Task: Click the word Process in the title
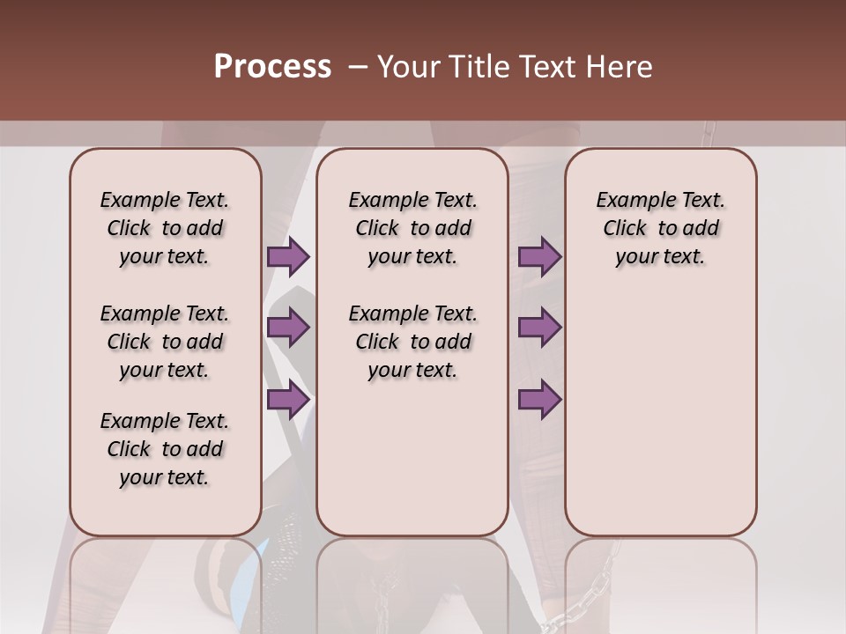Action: tap(272, 67)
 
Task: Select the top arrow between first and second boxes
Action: tap(288, 256)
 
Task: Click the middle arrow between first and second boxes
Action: tap(288, 328)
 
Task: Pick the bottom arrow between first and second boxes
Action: tap(288, 399)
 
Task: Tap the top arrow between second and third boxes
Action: tap(539, 256)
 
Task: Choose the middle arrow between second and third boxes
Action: tap(539, 328)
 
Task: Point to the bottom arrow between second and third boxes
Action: tap(539, 399)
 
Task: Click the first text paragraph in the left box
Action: tap(165, 228)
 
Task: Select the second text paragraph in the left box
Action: tap(165, 342)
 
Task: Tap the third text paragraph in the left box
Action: tap(165, 449)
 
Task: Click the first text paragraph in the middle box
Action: tap(412, 228)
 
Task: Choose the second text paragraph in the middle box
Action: tap(412, 342)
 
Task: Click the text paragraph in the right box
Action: tap(660, 228)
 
